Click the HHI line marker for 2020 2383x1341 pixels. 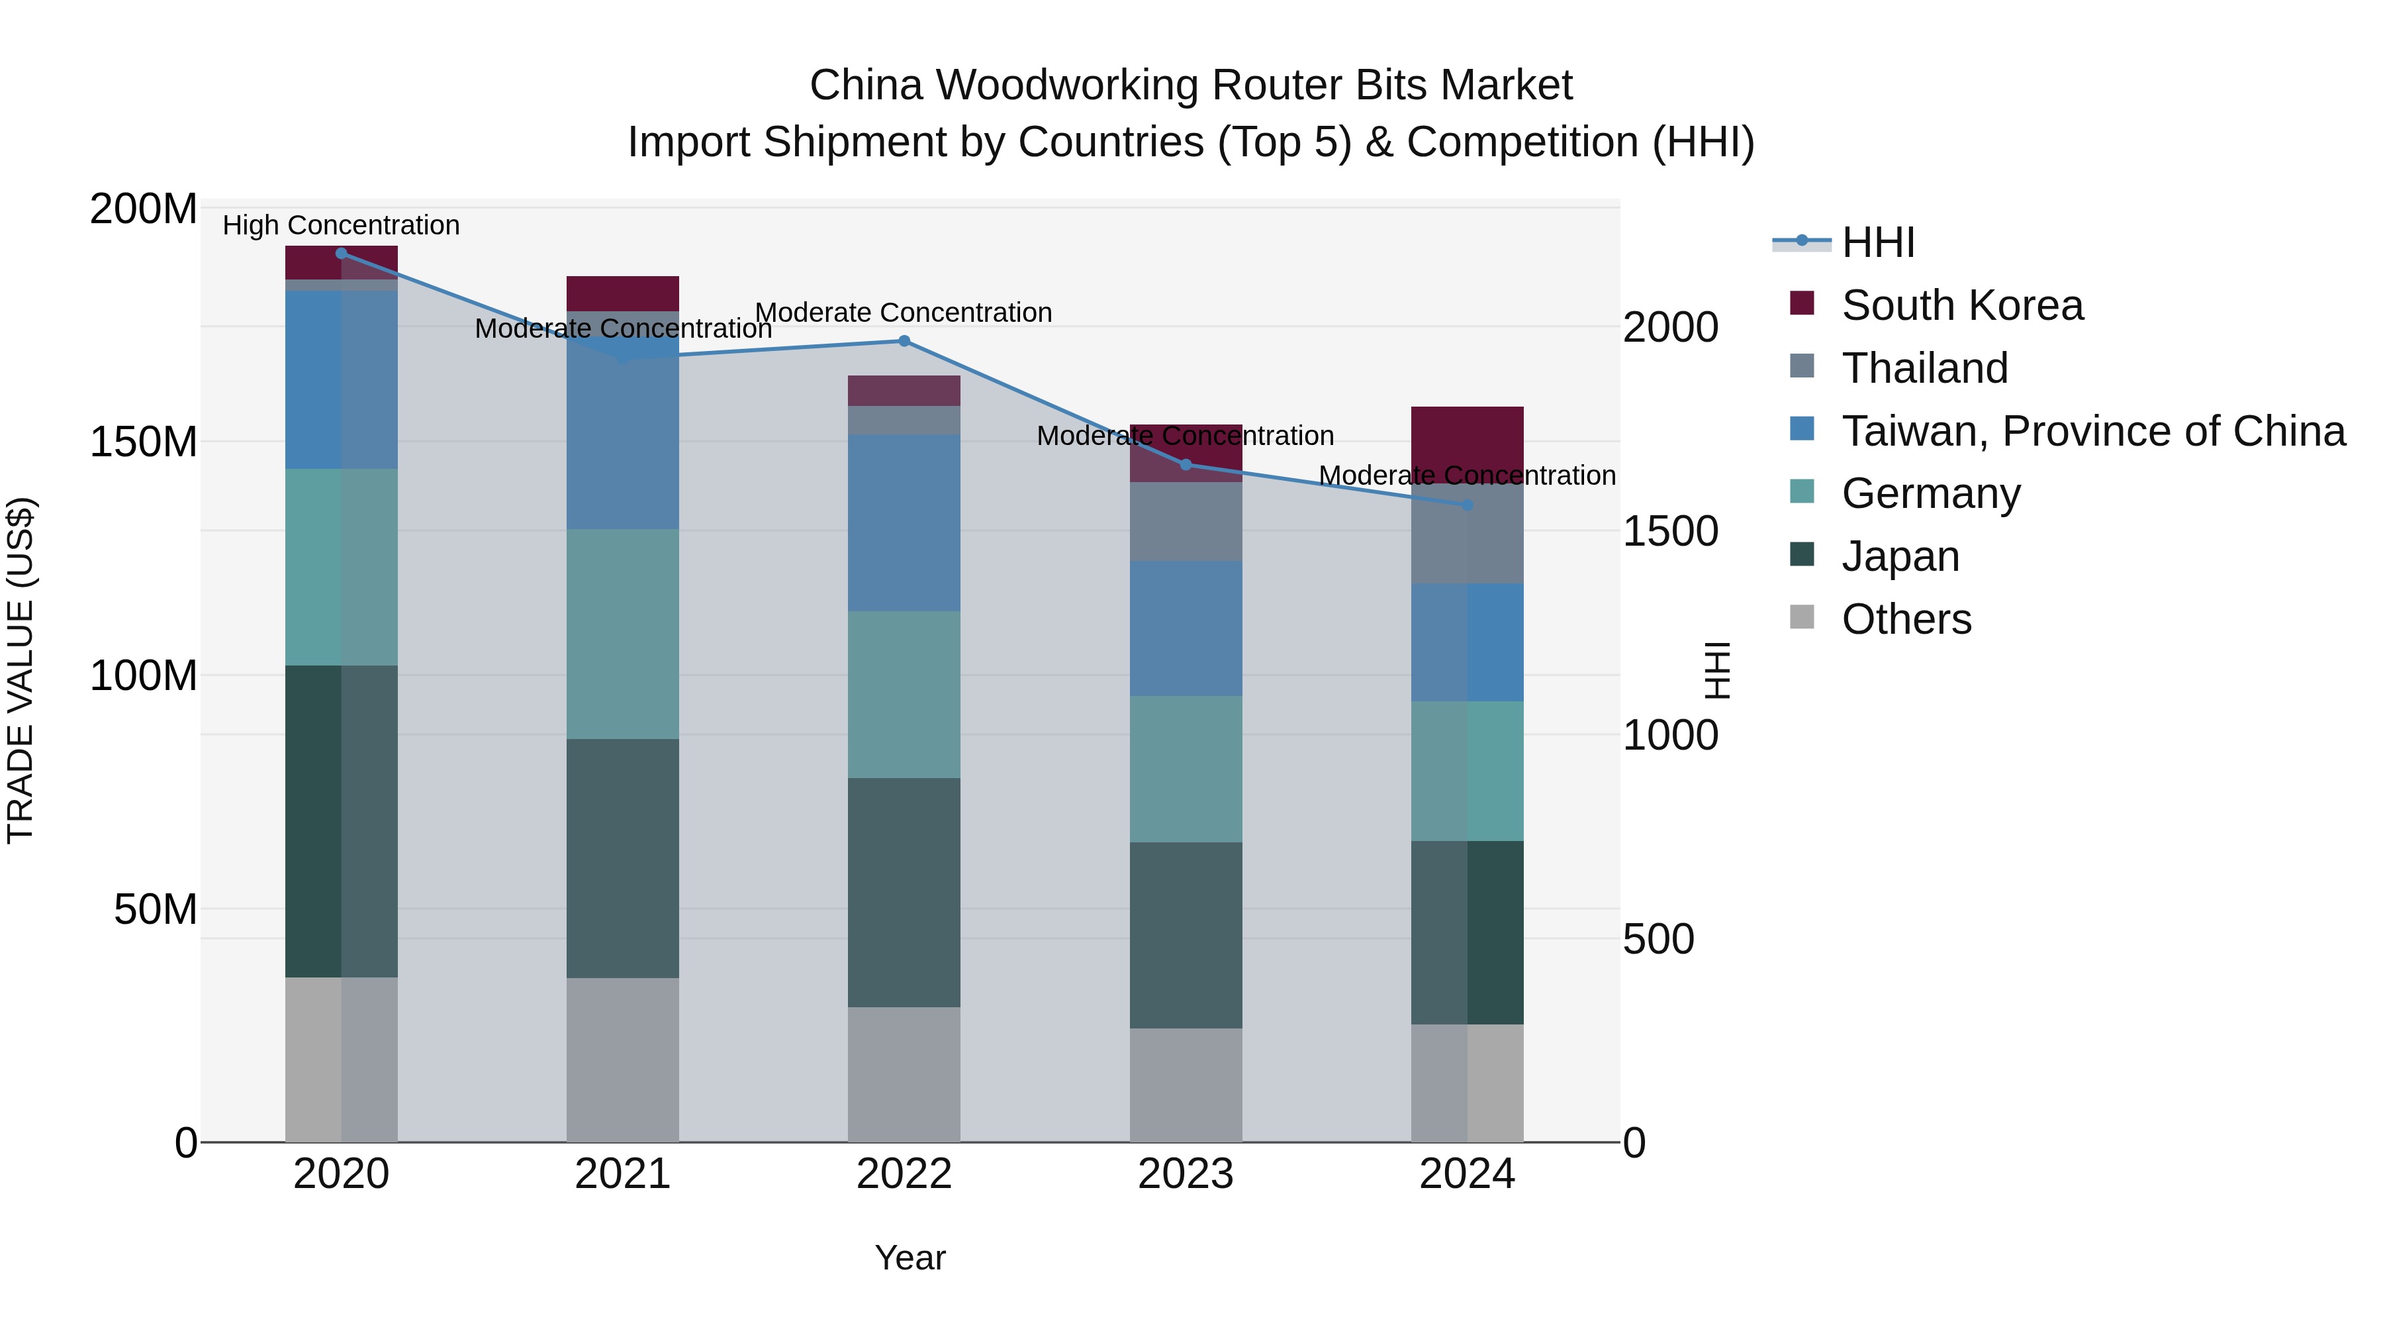click(342, 254)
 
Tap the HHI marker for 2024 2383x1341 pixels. click(1467, 505)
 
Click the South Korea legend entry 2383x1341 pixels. click(1961, 305)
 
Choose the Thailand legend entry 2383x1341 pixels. click(1924, 368)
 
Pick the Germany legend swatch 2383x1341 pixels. click(1802, 492)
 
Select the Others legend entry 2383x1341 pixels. click(1906, 619)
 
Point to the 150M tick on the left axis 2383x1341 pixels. click(144, 442)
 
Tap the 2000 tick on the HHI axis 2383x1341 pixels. click(1671, 328)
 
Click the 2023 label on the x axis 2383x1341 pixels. click(1185, 1174)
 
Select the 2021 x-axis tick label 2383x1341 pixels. click(623, 1174)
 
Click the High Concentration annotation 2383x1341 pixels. click(342, 225)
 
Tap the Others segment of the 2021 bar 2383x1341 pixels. click(623, 1060)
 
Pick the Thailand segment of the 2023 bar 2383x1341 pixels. click(1185, 521)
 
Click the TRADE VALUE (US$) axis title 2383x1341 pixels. click(21, 670)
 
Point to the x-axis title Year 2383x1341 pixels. click(910, 1258)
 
